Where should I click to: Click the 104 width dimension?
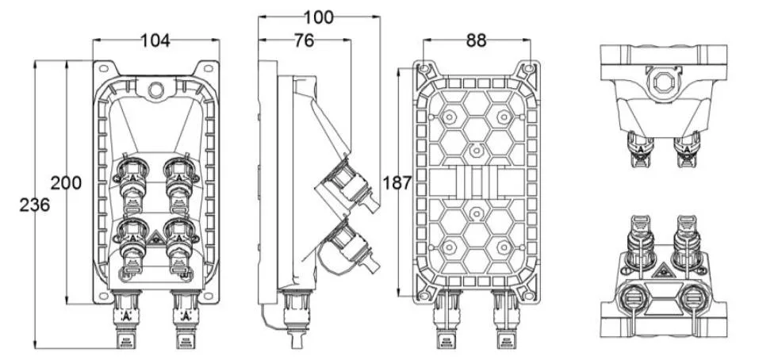click(155, 41)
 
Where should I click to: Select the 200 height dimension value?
click(66, 182)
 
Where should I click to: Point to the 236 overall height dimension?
click(35, 204)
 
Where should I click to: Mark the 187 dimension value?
click(397, 183)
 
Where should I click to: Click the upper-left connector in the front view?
click(132, 179)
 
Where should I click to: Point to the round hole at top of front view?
click(156, 86)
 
